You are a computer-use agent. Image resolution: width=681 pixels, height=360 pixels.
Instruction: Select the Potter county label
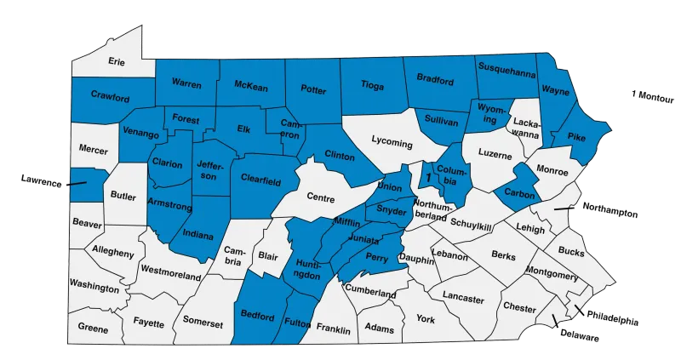tap(313, 89)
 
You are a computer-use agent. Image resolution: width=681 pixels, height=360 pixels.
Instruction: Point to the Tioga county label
tap(373, 85)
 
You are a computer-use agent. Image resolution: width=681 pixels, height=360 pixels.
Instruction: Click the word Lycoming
tap(392, 143)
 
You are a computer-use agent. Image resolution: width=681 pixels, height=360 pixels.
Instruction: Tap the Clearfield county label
tap(260, 180)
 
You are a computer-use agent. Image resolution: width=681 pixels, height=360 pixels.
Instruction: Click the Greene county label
tap(93, 327)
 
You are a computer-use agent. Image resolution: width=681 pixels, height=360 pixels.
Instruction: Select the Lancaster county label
tap(463, 300)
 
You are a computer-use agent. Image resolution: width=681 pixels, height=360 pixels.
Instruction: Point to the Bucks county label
tap(572, 254)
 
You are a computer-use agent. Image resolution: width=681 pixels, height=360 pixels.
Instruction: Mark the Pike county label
tap(576, 136)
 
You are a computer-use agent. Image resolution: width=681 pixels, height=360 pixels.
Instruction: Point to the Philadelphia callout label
tap(612, 317)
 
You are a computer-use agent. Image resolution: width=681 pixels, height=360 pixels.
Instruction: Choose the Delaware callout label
tap(579, 336)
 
